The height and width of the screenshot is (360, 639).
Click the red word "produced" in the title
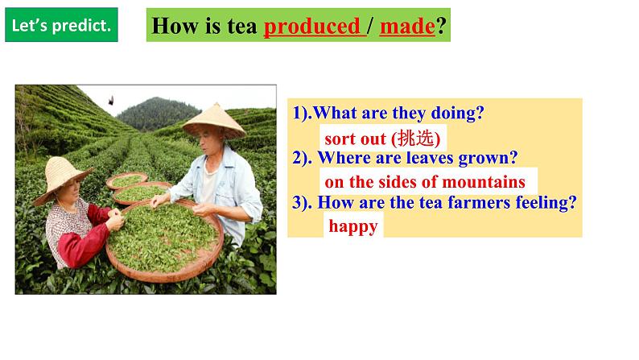[x=312, y=27]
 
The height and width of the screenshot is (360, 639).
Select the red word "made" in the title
[x=407, y=27]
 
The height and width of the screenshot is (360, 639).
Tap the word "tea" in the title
[x=242, y=27]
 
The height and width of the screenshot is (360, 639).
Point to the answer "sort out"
[x=355, y=139]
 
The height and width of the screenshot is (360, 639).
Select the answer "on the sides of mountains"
[x=424, y=182]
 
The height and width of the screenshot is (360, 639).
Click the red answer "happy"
[x=352, y=226]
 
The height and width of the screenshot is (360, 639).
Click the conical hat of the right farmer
[x=214, y=121]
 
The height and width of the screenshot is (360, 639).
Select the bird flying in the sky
[x=110, y=100]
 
